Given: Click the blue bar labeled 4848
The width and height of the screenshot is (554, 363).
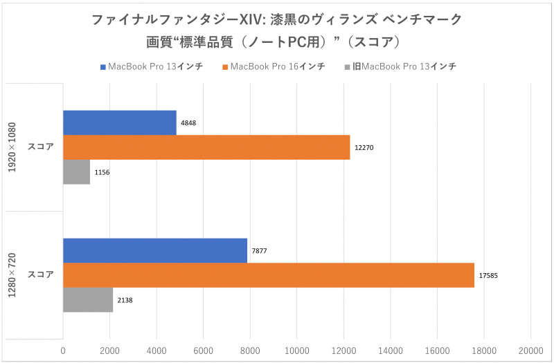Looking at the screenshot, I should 119,122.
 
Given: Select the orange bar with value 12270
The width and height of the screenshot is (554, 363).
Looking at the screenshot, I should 206,147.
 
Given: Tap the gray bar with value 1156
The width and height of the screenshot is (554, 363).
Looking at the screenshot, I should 76,172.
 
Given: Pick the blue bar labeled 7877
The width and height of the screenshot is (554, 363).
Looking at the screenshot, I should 155,250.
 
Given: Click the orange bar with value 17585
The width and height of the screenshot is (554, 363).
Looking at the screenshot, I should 269,275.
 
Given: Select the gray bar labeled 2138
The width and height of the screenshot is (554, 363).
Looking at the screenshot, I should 88,300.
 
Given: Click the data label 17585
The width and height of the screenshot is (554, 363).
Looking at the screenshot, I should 488,275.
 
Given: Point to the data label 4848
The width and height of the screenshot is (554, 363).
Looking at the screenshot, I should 188,122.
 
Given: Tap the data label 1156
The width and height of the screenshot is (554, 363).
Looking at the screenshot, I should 102,172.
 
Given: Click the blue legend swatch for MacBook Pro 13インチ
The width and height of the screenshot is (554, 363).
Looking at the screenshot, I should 102,67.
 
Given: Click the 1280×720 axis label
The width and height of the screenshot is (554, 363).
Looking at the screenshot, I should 14,275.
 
